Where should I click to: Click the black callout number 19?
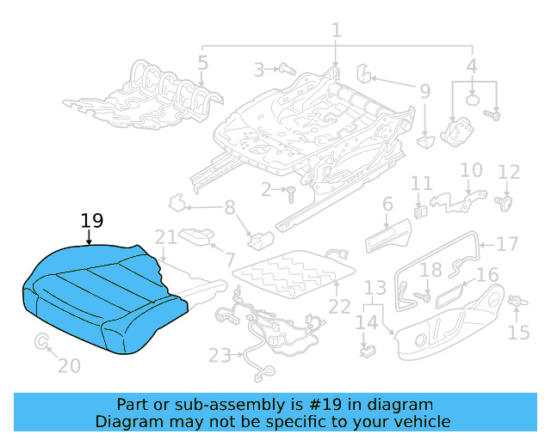pyautogui.click(x=92, y=221)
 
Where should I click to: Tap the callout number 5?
pyautogui.click(x=202, y=62)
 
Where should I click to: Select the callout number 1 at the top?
pyautogui.click(x=336, y=30)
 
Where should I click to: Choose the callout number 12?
pyautogui.click(x=509, y=172)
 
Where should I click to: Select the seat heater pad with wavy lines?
pyautogui.click(x=293, y=272)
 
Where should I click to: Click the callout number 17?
pyautogui.click(x=508, y=244)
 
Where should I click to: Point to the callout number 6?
pyautogui.click(x=387, y=204)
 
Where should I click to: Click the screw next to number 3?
pyautogui.click(x=287, y=68)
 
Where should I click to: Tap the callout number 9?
pyautogui.click(x=424, y=91)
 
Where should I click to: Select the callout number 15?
pyautogui.click(x=519, y=333)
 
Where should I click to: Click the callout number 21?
pyautogui.click(x=165, y=237)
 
